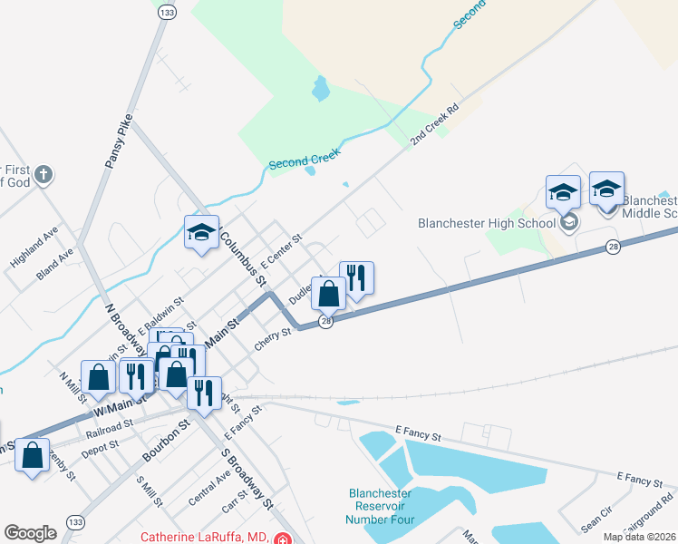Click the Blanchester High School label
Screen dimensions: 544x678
point(486,223)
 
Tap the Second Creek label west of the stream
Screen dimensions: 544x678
point(304,161)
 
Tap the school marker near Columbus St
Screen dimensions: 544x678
point(201,232)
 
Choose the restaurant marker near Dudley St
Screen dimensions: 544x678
point(356,278)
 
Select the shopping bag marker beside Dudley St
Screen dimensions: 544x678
point(329,293)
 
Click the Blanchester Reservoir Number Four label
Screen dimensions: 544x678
point(380,507)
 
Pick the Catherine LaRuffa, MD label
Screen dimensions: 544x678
point(206,538)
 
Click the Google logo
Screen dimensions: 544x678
point(30,533)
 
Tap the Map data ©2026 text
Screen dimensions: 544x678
point(639,537)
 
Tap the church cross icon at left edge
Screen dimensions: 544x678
point(44,173)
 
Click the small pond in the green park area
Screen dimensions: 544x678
point(320,89)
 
